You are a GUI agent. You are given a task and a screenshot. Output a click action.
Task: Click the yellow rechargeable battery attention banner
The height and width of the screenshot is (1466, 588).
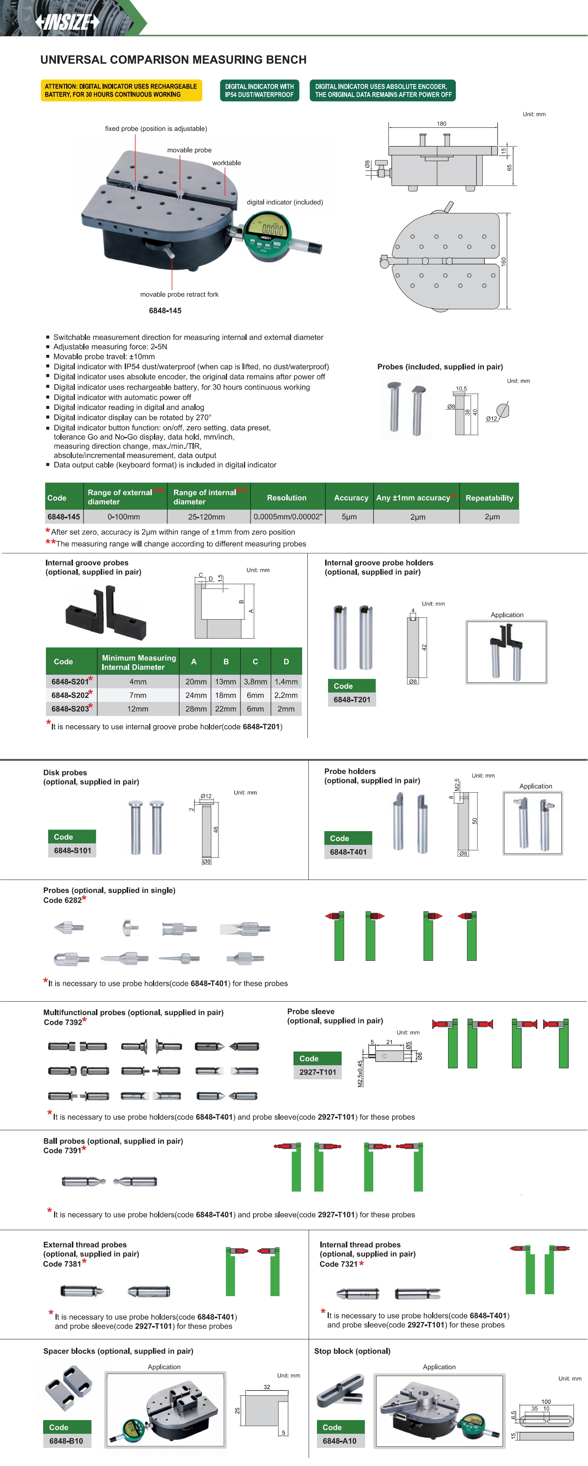coord(121,90)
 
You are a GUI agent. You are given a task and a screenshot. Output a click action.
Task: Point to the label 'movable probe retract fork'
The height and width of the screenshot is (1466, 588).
coord(179,294)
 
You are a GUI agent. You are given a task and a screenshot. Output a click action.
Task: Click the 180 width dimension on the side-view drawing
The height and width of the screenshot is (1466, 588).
coord(441,123)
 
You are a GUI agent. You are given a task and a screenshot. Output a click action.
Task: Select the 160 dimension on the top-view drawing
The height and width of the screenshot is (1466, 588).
coord(503,261)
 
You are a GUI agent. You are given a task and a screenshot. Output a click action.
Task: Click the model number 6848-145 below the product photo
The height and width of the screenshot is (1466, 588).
coord(165,311)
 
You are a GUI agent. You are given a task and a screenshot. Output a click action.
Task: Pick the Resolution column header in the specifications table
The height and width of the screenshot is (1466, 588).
coord(287,497)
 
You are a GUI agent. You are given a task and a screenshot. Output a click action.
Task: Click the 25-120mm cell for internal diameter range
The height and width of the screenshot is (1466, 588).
coord(206,517)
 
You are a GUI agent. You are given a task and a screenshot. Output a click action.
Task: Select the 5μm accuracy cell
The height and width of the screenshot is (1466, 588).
coord(349,517)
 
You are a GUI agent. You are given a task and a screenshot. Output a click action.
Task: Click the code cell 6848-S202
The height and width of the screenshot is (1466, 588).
coord(70,695)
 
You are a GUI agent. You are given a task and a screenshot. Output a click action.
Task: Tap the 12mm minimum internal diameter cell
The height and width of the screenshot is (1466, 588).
coord(138,709)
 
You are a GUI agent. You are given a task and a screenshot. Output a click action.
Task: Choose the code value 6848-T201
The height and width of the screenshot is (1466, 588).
coord(352,699)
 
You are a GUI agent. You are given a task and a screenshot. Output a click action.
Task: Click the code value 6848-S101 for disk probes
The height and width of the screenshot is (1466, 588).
coord(72,850)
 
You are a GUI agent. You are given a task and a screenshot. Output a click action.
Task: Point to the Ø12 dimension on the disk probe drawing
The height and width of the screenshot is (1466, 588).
coord(206,796)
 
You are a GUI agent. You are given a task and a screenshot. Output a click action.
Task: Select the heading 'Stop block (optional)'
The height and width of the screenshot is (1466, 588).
coord(353,1351)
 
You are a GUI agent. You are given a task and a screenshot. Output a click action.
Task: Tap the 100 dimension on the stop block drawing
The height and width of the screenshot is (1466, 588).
coord(546,1402)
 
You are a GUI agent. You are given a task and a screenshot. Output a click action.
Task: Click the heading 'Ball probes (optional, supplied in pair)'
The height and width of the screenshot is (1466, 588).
coord(113,1141)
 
